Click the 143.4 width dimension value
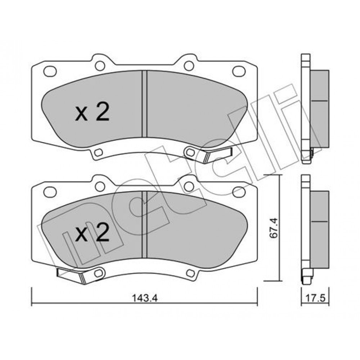point(144,298)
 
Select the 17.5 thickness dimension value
point(315,298)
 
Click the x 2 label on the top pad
point(92,112)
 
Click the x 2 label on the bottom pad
point(92,232)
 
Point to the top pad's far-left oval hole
point(50,71)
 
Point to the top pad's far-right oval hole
point(239,71)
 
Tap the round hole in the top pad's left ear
point(100,66)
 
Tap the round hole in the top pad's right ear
point(189,66)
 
